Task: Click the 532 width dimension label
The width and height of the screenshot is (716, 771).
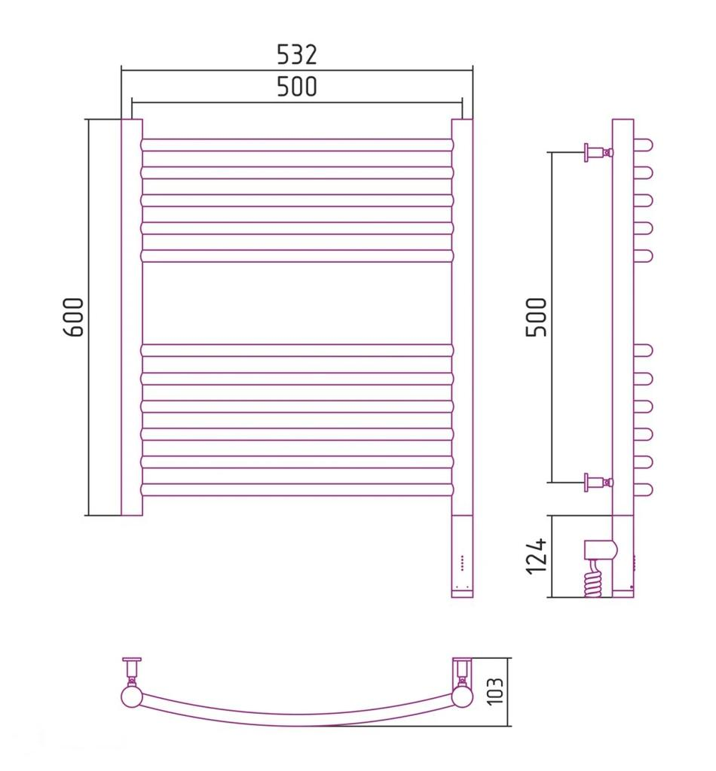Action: [x=297, y=54]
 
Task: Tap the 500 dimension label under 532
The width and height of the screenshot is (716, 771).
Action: [x=297, y=87]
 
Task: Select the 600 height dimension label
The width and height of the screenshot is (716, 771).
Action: [x=74, y=317]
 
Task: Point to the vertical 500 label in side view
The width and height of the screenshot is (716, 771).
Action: [x=537, y=317]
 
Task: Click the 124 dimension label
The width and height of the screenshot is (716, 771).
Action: [x=537, y=556]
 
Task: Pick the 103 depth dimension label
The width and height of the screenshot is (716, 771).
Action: [x=495, y=691]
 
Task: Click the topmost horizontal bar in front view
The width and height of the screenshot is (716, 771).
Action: [x=297, y=145]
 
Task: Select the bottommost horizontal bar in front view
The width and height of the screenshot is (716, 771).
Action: [x=297, y=489]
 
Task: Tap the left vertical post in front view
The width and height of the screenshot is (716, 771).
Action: [x=132, y=317]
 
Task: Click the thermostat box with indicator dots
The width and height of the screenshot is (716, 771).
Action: [x=462, y=556]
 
